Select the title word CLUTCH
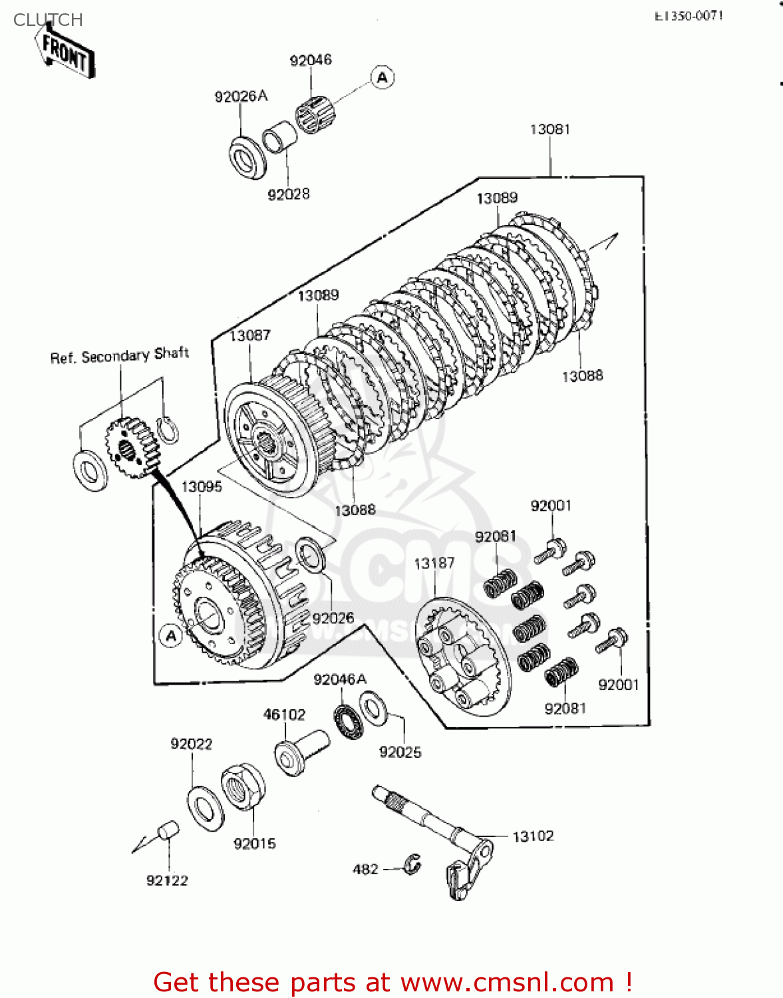pos(48,20)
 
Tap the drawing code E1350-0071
pos(688,15)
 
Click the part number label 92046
pos(310,61)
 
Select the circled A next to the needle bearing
pos(382,78)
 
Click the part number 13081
pos(549,129)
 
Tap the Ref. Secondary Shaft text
pos(120,355)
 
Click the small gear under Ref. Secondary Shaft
pos(131,446)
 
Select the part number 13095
pos(202,486)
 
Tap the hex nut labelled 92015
pos(242,787)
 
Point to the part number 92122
pos(167,880)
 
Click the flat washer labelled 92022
pos(206,808)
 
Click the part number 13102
pos(533,836)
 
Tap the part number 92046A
pos(340,679)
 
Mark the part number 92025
pos(400,752)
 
